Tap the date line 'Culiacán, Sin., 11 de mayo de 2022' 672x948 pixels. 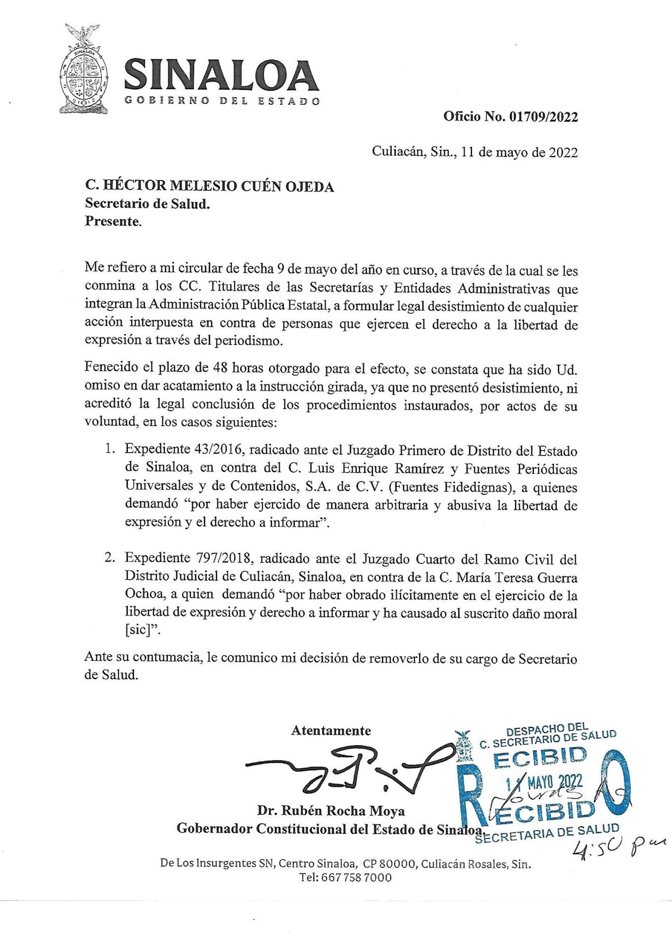[x=475, y=152]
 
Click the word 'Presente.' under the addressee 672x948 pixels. [x=113, y=221]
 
